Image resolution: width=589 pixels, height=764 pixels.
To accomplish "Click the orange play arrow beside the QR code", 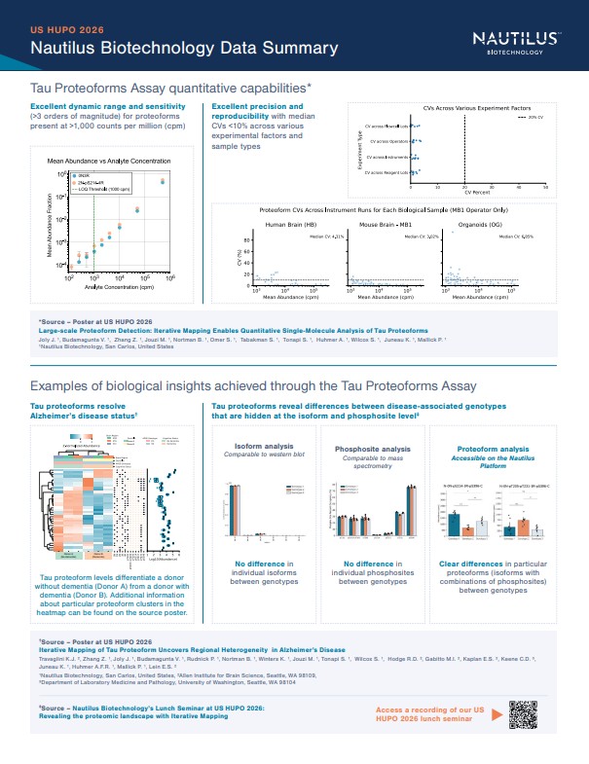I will pyautogui.click(x=498, y=714).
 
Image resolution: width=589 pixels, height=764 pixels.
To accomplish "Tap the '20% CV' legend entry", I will pyautogui.click(x=530, y=117).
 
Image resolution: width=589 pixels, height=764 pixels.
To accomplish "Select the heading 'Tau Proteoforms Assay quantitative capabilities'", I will pyautogui.click(x=170, y=88).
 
